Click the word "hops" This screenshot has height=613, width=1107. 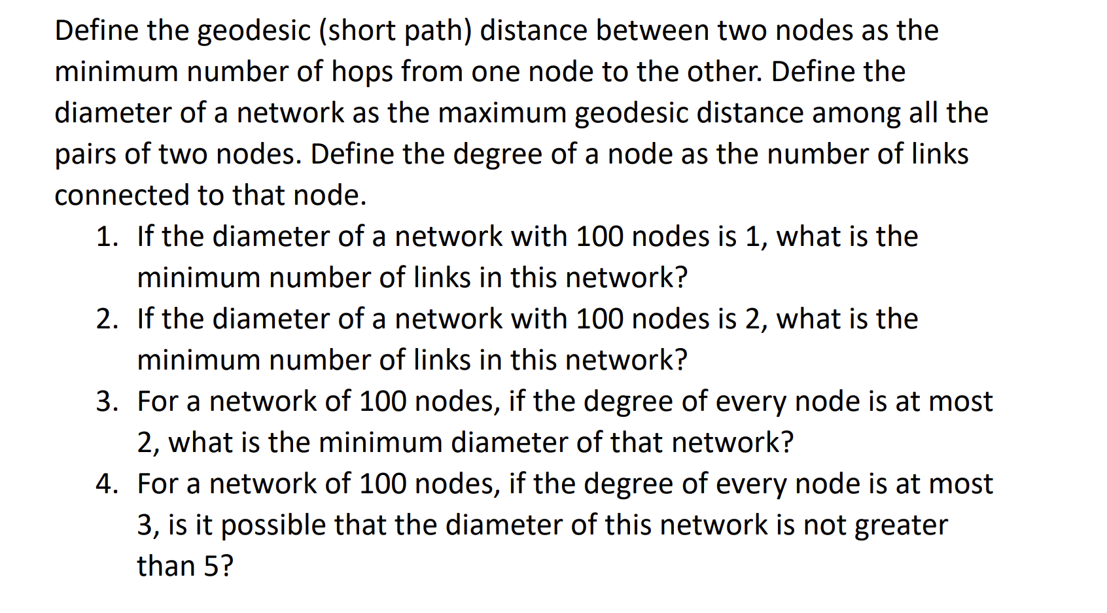[362, 72]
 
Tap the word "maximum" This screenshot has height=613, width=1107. [502, 113]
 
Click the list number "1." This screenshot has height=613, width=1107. [107, 237]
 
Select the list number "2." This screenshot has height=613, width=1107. [107, 319]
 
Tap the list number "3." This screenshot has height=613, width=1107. [107, 402]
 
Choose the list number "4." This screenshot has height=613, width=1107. [107, 484]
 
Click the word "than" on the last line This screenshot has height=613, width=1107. [166, 567]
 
